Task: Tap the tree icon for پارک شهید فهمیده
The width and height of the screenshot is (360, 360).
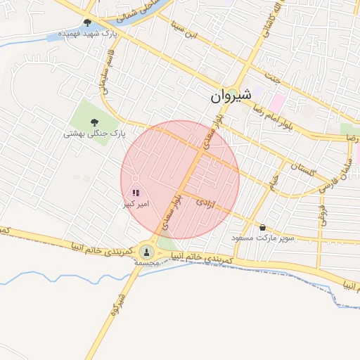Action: (87, 22)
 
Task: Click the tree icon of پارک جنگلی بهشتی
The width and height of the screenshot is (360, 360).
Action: (94, 121)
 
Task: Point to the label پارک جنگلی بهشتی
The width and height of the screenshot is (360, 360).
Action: (94, 132)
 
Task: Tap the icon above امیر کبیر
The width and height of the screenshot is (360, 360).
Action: (136, 193)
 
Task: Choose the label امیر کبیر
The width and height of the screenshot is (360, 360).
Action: (135, 204)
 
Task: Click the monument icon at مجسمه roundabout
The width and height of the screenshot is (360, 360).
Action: (147, 252)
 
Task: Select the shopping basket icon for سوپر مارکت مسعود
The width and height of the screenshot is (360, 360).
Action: (263, 227)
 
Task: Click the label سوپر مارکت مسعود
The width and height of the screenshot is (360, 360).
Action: (264, 239)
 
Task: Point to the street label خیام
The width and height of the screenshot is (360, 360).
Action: (274, 180)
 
